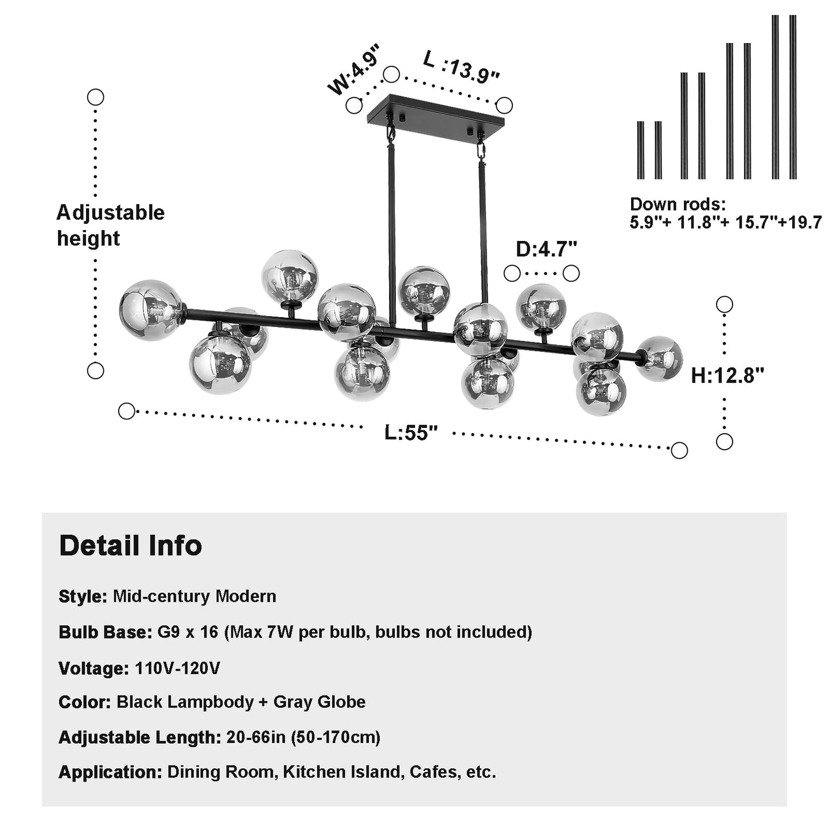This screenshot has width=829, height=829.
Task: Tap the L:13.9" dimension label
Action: point(461,67)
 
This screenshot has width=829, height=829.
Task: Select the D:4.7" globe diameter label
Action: point(546,249)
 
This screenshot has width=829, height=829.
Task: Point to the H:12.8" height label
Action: point(727,375)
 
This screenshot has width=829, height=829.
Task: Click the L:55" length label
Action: point(411,432)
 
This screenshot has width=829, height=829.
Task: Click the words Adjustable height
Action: point(111,225)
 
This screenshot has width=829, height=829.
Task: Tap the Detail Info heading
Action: point(130,546)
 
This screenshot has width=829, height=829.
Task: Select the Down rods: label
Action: point(678,204)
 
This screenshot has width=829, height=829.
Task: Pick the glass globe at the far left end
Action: point(151,310)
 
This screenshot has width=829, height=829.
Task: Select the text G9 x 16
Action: point(188,632)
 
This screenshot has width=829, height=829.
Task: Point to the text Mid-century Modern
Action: point(194,596)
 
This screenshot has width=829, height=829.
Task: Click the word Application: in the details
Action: point(111,772)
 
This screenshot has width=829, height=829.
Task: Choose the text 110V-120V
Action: point(177,668)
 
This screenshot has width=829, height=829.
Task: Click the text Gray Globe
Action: point(320,702)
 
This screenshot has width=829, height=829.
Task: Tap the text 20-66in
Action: point(256,737)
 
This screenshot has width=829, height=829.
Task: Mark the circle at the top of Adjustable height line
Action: point(95,97)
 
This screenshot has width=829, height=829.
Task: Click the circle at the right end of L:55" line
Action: point(679,450)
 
